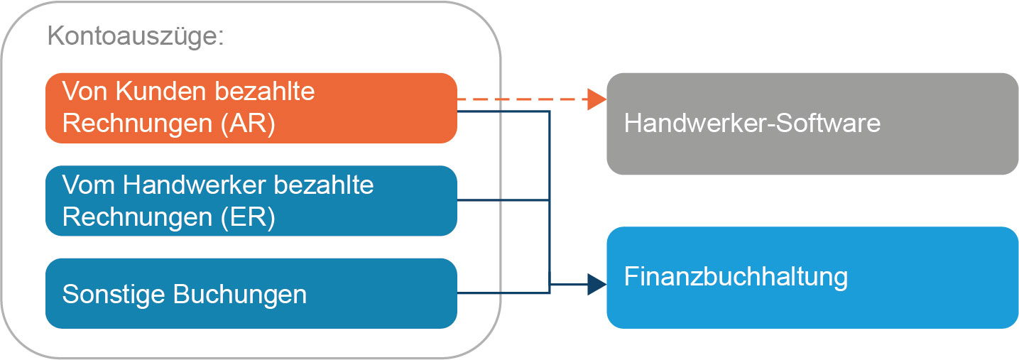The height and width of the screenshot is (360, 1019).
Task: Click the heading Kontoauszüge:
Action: [136, 36]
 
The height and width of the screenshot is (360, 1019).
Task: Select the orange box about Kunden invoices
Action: [251, 109]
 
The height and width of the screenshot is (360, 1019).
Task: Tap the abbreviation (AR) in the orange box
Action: [248, 124]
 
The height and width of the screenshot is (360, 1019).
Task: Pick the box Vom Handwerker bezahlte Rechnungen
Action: [251, 201]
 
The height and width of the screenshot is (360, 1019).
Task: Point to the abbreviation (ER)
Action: [248, 217]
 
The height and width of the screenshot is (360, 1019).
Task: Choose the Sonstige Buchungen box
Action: [251, 293]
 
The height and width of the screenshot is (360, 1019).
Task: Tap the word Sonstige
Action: [114, 295]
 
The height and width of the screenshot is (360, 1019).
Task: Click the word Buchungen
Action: [240, 295]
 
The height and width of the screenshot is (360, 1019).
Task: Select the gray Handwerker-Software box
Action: [812, 124]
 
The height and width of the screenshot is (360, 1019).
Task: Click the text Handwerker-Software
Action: [753, 124]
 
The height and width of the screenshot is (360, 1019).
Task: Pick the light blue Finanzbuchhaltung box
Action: [812, 278]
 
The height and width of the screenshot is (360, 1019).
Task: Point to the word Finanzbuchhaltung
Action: [736, 277]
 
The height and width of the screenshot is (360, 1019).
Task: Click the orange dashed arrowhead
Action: [596, 99]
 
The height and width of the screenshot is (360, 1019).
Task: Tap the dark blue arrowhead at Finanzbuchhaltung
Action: [596, 285]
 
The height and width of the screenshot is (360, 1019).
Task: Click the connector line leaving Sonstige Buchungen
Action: [503, 293]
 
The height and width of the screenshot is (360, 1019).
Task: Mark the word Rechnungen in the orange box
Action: [137, 124]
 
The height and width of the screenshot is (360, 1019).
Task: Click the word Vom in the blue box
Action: [88, 185]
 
